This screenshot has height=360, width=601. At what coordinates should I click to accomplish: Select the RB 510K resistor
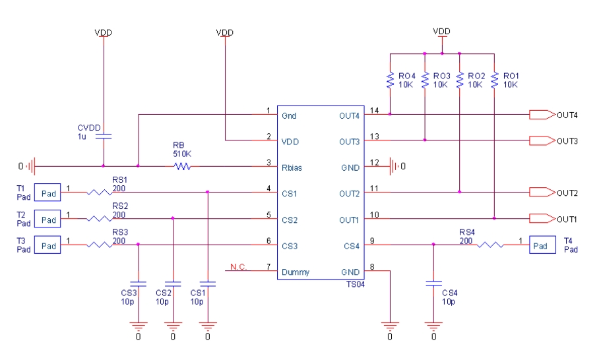182,167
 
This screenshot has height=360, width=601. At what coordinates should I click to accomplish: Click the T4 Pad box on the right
541,245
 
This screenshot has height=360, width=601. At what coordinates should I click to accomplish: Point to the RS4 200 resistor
490,245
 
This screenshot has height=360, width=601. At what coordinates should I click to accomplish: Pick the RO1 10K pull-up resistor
494,80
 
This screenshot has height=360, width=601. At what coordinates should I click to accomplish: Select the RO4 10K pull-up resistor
390,80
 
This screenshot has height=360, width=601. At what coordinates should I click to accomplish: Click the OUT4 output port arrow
542,115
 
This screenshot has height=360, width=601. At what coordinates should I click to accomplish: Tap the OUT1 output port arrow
542,219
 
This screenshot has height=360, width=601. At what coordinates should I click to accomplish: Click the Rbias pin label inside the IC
293,167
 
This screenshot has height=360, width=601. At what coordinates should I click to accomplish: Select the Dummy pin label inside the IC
296,272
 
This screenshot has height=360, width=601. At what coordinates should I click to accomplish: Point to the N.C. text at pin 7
239,266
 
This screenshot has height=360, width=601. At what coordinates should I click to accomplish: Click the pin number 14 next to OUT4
375,110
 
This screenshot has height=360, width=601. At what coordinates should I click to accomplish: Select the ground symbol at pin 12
394,167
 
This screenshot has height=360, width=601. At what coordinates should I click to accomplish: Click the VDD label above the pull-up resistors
441,32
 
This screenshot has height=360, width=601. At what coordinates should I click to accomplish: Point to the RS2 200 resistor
99,219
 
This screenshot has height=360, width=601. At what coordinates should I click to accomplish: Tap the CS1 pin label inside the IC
290,194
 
